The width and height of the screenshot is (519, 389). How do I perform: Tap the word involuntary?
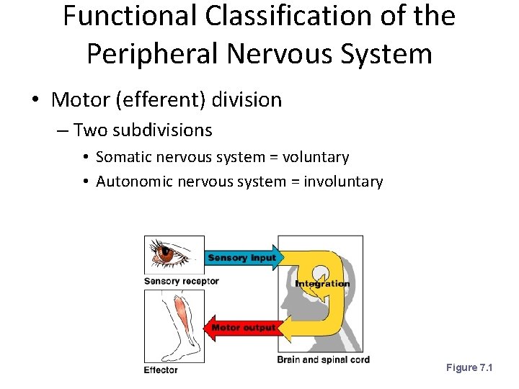pyautogui.click(x=343, y=182)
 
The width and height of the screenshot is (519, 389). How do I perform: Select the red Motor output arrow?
pyautogui.click(x=242, y=328)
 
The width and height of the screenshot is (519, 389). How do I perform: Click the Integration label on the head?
pyautogui.click(x=322, y=283)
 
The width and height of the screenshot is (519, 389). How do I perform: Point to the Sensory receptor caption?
pyautogui.click(x=181, y=281)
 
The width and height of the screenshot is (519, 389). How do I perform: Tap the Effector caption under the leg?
pyautogui.click(x=161, y=370)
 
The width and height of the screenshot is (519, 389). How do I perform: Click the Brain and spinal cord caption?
pyautogui.click(x=323, y=359)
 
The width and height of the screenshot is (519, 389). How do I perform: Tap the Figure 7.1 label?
pyautogui.click(x=469, y=368)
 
